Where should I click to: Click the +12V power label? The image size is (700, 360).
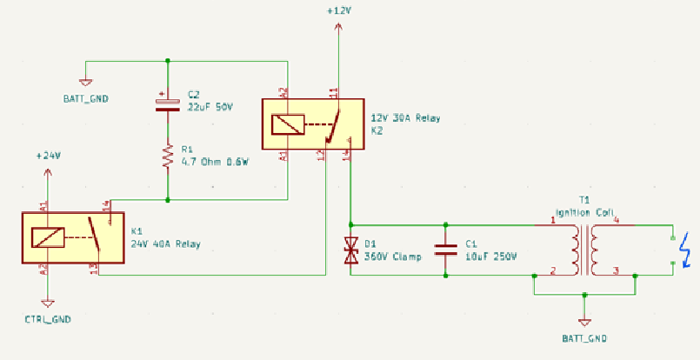338,10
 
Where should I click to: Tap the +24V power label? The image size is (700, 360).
49,156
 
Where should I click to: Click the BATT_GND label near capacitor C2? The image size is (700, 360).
86,98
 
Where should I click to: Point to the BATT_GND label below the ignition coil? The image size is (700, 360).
584,337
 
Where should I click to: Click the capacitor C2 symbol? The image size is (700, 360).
167,103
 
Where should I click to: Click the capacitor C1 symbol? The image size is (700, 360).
445,250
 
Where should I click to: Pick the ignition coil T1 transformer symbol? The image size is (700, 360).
584,249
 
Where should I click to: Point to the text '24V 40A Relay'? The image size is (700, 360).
165,244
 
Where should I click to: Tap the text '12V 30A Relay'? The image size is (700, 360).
405,117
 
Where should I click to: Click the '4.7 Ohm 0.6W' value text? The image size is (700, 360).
215,161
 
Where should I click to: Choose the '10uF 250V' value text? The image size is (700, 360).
490,257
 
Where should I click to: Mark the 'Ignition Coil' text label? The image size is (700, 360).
584,212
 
